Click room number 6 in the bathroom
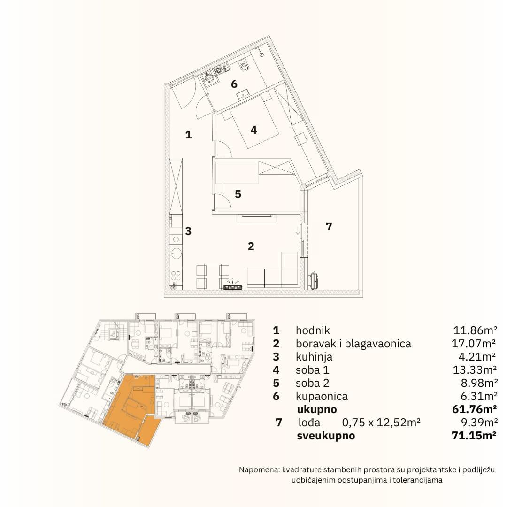coord(234,84)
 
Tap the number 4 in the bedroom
coord(253,130)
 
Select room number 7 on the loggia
coord(329,227)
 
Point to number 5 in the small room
coord(238,194)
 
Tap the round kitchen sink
coord(177,253)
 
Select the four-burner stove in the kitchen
coord(176,276)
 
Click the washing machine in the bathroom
coord(207,78)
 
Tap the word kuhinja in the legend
coord(314,357)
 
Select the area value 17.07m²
coord(474,343)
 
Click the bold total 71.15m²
coord(474,436)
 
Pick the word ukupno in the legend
coord(317,410)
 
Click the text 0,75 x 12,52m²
coord(381,422)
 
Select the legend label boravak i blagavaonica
coord(353,344)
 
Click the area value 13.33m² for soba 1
coord(475,369)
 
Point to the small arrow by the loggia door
coord(298,230)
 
